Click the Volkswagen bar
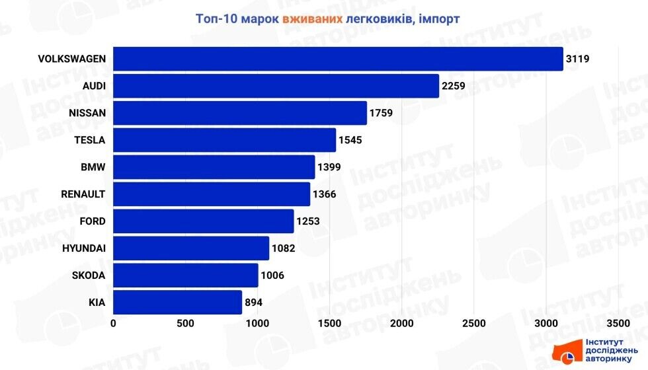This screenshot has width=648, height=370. pyautogui.click(x=338, y=59)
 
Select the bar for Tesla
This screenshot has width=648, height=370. pyautogui.click(x=225, y=140)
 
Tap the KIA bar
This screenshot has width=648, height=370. pyautogui.click(x=178, y=303)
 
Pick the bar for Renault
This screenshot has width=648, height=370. pyautogui.click(x=212, y=194)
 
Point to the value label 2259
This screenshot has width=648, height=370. pyautogui.click(x=454, y=86)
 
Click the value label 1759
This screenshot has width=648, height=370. pyautogui.click(x=382, y=113)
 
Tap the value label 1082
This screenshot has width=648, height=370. pyautogui.click(x=282, y=248)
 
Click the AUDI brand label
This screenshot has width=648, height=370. pyautogui.click(x=94, y=86)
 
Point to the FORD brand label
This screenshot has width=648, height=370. pyautogui.click(x=93, y=221)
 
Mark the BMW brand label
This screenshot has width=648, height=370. pyautogui.click(x=94, y=167)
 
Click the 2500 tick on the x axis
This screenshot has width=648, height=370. pyautogui.click(x=474, y=323)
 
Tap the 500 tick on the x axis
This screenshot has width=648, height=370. pyautogui.click(x=186, y=323)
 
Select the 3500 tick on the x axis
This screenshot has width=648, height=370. pyautogui.click(x=618, y=323)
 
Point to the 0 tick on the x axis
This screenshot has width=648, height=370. pyautogui.click(x=114, y=323)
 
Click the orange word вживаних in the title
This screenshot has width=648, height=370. pyautogui.click(x=312, y=18)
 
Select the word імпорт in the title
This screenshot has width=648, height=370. pyautogui.click(x=438, y=18)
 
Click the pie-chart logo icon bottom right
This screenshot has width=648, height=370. pyautogui.click(x=568, y=358)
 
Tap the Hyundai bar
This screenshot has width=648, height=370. pyautogui.click(x=191, y=248)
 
